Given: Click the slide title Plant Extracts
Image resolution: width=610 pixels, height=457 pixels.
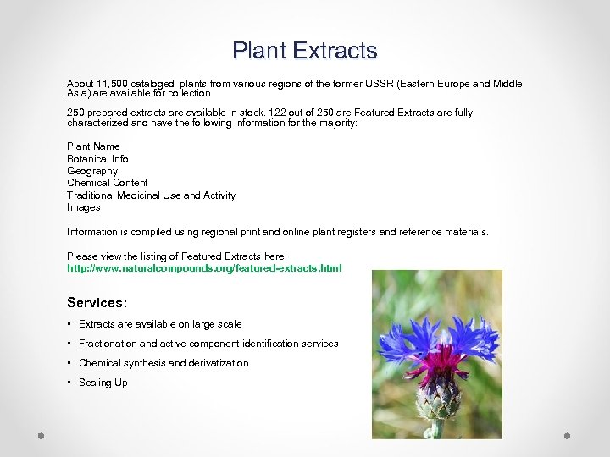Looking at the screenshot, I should click(305, 51).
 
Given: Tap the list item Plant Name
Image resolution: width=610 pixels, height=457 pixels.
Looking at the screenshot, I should click(93, 146).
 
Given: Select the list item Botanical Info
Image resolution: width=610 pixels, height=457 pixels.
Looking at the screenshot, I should click(97, 159).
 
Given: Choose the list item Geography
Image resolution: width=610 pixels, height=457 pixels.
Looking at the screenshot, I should click(92, 171).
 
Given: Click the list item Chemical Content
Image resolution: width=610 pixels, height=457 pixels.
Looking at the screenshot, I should click(107, 183).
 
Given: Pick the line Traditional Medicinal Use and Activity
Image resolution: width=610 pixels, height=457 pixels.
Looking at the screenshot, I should click(151, 195).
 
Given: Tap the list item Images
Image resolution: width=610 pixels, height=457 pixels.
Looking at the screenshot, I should click(84, 207).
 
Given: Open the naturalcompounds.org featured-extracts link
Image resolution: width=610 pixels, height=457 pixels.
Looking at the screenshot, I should click(204, 268).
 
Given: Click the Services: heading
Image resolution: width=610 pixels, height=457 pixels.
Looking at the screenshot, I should click(97, 302).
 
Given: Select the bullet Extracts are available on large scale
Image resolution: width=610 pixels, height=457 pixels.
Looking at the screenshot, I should click(160, 324).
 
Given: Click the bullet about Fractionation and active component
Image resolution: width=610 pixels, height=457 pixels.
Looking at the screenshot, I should click(208, 344).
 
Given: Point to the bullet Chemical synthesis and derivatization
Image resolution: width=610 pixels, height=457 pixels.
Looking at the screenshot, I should click(164, 363).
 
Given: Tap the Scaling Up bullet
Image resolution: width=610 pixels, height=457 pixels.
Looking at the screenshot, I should click(103, 383).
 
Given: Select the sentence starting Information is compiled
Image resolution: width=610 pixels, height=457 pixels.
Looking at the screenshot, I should click(278, 232).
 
